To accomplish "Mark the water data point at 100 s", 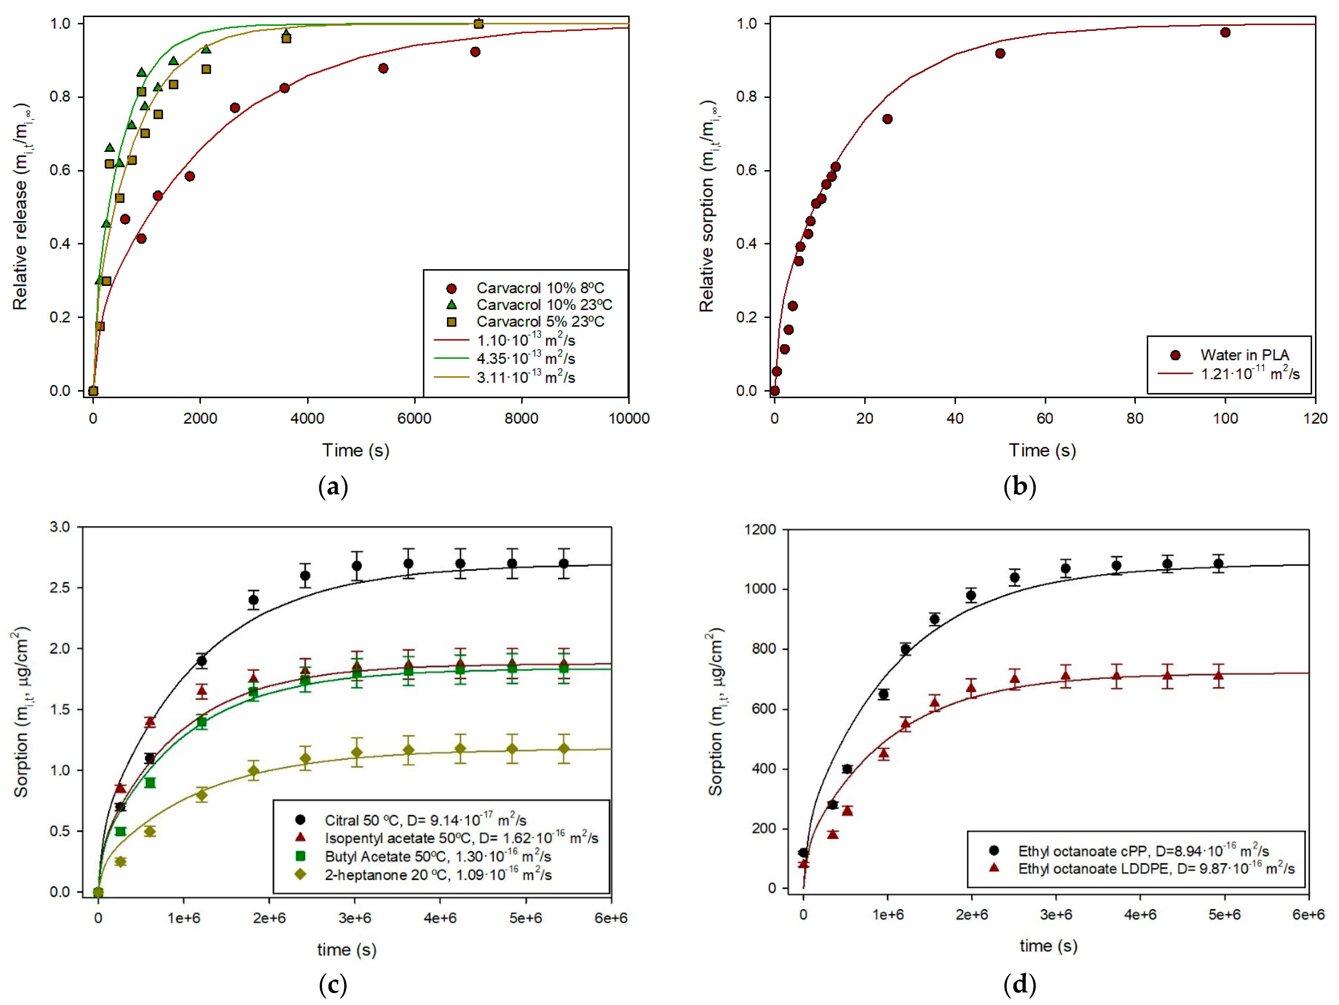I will click(1225, 33).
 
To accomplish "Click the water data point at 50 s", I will click(1000, 54).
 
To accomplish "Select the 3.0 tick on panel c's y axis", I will click(60, 527).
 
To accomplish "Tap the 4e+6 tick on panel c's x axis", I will click(440, 918).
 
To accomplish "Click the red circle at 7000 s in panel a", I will click(475, 52).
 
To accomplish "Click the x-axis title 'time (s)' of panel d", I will click(1048, 946).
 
